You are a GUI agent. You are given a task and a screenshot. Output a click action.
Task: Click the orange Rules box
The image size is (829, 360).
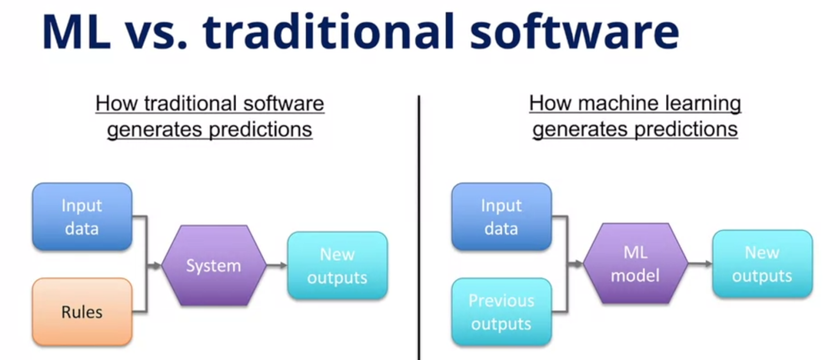click(x=82, y=312)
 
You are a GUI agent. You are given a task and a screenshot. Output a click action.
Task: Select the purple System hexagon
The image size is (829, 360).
click(x=214, y=265)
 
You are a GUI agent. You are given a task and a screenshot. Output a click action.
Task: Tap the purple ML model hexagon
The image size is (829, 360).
click(x=635, y=264)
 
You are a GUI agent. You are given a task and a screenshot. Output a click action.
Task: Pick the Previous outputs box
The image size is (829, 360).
click(x=502, y=312)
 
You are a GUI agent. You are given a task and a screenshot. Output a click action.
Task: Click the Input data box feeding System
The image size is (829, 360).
click(x=82, y=217)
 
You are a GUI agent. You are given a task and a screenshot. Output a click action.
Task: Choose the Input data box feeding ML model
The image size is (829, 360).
click(x=502, y=217)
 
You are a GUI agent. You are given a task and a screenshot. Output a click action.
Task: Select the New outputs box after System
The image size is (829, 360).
click(x=337, y=265)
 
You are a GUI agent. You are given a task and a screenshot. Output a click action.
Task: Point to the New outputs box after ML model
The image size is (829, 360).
click(x=762, y=264)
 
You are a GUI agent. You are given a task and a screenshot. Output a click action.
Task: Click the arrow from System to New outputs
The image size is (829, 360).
click(x=277, y=265)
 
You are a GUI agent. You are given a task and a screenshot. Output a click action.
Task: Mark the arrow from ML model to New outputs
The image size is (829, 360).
click(x=700, y=264)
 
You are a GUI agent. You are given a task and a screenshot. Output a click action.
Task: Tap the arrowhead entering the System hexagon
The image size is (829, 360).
click(x=157, y=265)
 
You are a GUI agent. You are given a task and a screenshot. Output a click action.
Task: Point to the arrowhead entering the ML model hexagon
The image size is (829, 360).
click(x=578, y=264)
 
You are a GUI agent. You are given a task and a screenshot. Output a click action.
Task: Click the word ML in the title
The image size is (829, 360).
click(x=77, y=32)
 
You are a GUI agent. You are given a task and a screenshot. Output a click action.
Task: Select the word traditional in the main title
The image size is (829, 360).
click(x=328, y=31)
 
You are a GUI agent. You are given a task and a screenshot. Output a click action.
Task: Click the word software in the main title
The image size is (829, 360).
click(x=575, y=31)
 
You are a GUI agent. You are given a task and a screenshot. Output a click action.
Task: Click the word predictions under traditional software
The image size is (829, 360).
click(x=261, y=130)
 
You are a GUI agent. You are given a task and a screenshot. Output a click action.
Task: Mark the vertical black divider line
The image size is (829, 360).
click(x=419, y=227)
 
